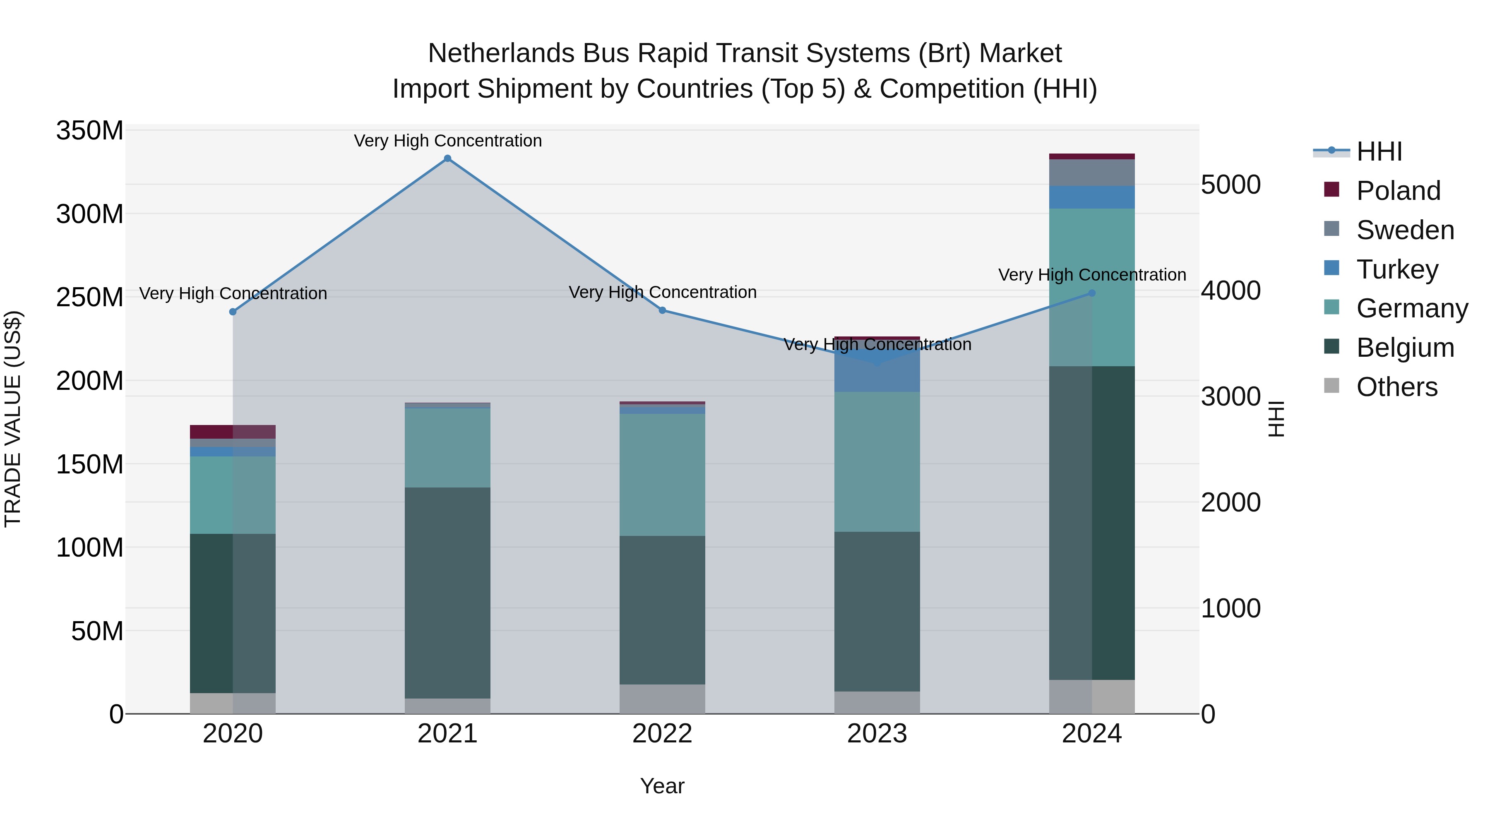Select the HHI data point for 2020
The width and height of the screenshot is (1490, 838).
(233, 312)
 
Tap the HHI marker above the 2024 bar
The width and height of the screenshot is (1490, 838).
(1092, 293)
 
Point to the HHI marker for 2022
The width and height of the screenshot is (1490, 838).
(662, 310)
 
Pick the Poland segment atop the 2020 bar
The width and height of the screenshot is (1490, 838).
(233, 432)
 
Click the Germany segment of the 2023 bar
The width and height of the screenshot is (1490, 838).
(877, 461)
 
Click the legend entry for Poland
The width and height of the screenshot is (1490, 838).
(1398, 191)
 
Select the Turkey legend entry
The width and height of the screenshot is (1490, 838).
(1397, 269)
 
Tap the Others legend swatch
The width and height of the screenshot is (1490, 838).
(1331, 386)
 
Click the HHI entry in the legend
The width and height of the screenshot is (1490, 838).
(1379, 151)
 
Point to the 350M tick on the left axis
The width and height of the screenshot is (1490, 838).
(90, 131)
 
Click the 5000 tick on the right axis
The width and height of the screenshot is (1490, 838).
(1230, 185)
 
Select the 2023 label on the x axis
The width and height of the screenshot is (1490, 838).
(877, 734)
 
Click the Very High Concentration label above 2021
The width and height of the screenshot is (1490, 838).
(448, 141)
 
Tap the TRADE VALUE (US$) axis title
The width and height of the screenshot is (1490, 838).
(13, 419)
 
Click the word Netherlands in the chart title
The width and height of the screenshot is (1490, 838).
(501, 53)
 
